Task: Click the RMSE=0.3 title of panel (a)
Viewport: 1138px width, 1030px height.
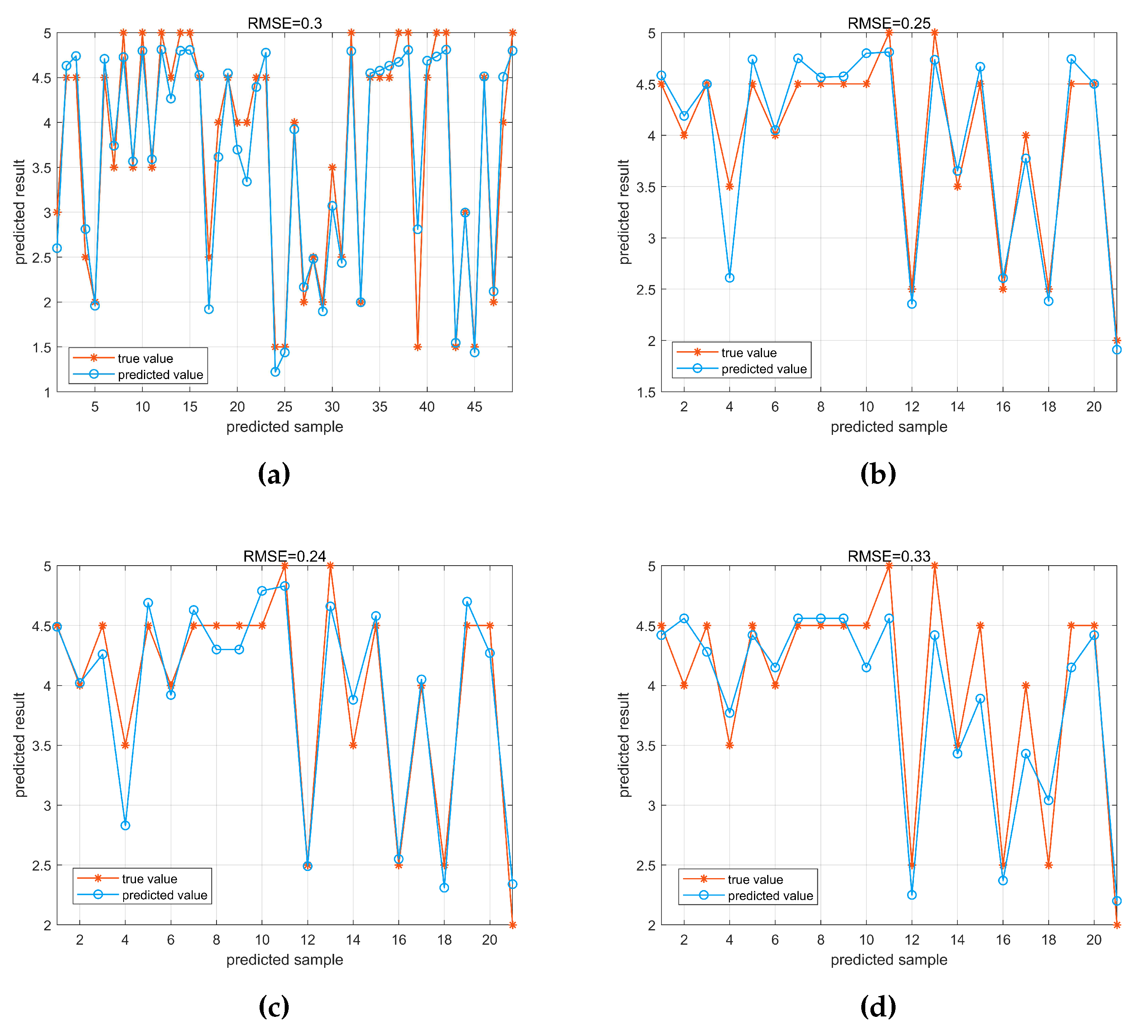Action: pyautogui.click(x=285, y=23)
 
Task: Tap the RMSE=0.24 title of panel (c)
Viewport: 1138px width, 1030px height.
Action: pyautogui.click(x=285, y=556)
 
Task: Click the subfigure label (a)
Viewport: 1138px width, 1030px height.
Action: pyautogui.click(x=274, y=474)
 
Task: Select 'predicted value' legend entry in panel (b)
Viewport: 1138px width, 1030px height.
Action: pyautogui.click(x=763, y=369)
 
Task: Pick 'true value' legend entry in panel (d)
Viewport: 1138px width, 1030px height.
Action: pyautogui.click(x=755, y=879)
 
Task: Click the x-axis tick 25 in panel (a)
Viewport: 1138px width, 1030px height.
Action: pyautogui.click(x=285, y=407)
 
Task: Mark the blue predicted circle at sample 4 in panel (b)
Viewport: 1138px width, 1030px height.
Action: pyautogui.click(x=729, y=278)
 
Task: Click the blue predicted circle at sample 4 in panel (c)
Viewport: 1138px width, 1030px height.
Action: pyautogui.click(x=125, y=825)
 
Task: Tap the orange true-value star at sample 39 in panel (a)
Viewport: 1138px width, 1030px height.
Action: pyautogui.click(x=417, y=347)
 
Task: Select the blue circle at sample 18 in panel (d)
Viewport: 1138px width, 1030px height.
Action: pyautogui.click(x=1048, y=800)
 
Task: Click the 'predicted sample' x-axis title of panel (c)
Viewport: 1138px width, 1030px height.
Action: pyautogui.click(x=285, y=959)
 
